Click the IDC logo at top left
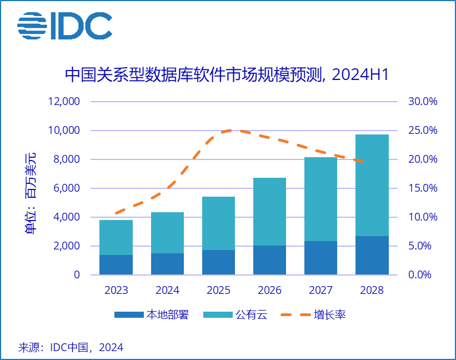pyautogui.click(x=64, y=25)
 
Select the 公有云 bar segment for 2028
pyautogui.click(x=372, y=185)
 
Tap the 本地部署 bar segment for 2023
pyautogui.click(x=116, y=264)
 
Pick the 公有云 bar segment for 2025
pyautogui.click(x=218, y=223)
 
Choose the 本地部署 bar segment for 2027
pyautogui.click(x=320, y=258)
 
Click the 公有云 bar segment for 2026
pyautogui.click(x=269, y=212)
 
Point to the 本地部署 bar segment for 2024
pyautogui.click(x=167, y=264)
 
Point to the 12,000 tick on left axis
pyautogui.click(x=63, y=102)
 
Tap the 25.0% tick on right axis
pyautogui.click(x=423, y=131)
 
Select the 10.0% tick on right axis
pyautogui.click(x=423, y=217)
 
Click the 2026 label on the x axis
pyautogui.click(x=269, y=290)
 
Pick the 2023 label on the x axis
pyautogui.click(x=116, y=290)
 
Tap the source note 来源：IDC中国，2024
pyautogui.click(x=71, y=348)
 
